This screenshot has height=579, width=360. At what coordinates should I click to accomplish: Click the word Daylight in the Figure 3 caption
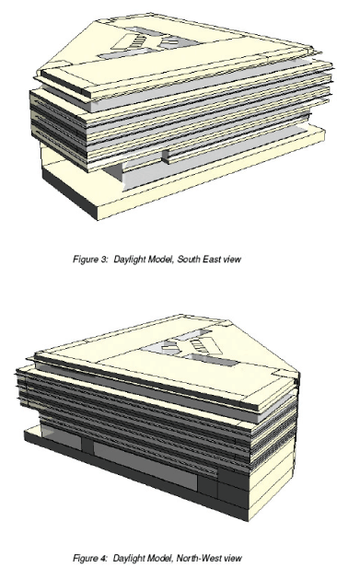(x=129, y=260)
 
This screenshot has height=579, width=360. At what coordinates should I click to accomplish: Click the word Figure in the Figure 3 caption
(x=86, y=260)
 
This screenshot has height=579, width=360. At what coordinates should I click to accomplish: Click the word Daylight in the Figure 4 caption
(x=129, y=558)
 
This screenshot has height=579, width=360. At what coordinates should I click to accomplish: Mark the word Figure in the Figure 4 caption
(x=86, y=558)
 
